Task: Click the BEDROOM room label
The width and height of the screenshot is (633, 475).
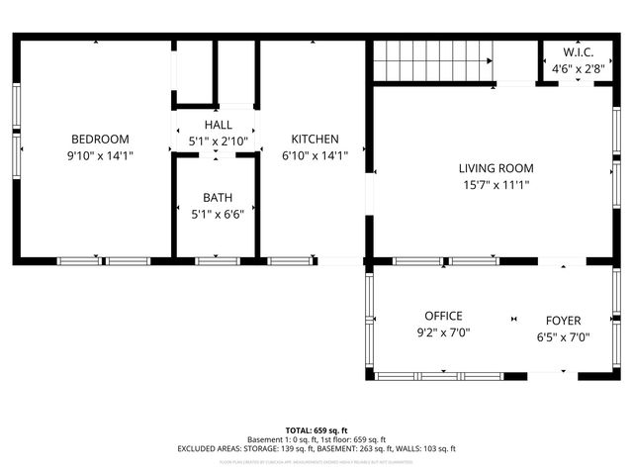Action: [99, 140]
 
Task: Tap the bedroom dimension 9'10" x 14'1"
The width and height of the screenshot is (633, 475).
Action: [99, 155]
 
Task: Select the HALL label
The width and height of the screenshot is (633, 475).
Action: [218, 125]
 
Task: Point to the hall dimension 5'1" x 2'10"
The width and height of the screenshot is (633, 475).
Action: [218, 142]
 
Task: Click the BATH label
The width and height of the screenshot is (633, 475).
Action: [218, 197]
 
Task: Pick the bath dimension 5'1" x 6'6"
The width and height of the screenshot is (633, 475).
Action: [218, 213]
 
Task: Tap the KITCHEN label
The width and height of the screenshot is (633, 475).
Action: [315, 140]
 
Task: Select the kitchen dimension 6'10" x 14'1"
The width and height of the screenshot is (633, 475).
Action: [315, 155]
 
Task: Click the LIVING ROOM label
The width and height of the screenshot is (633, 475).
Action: [489, 168]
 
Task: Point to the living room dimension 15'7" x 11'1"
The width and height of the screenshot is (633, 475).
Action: [489, 185]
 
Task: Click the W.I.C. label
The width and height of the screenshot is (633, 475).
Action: [578, 51]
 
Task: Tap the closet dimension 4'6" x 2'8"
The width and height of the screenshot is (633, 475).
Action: [578, 68]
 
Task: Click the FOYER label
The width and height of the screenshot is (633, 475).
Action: [564, 320]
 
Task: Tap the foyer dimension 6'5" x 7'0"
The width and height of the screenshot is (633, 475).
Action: [564, 335]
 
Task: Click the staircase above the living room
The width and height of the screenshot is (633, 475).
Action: [433, 60]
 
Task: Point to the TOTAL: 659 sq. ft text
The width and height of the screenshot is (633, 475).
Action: [316, 430]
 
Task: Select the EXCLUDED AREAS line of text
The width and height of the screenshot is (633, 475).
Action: [316, 448]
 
